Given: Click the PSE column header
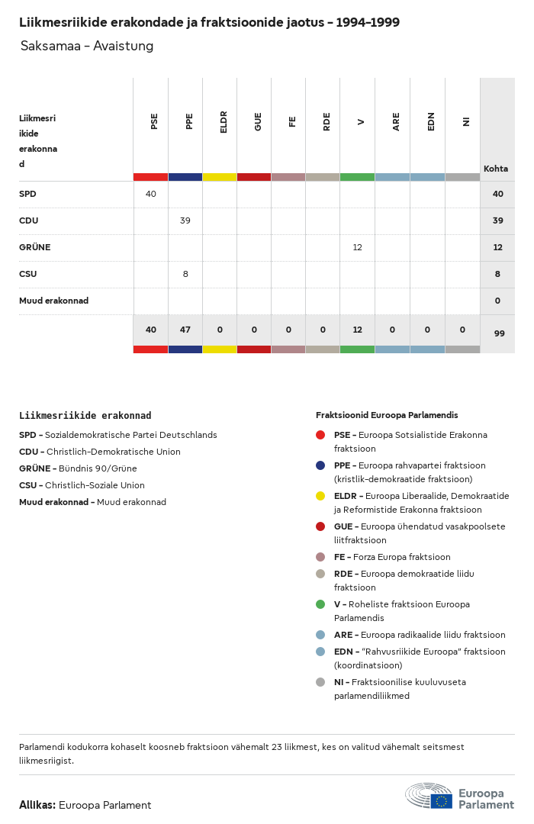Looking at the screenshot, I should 154,121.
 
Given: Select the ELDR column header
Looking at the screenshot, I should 224,122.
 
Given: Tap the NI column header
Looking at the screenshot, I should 465,121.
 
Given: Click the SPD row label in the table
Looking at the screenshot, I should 27,194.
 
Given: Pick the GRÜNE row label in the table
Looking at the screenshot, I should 34,247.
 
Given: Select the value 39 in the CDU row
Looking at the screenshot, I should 185,220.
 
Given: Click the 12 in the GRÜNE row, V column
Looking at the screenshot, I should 357,247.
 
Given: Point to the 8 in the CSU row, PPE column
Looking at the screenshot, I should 185,274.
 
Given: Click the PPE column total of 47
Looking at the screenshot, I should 185,330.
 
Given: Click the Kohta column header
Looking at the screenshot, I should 496,169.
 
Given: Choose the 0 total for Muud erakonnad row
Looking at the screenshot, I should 497,301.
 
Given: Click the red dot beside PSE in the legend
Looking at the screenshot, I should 320,435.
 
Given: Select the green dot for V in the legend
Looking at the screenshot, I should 320,604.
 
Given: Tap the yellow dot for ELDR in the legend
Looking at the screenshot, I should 320,496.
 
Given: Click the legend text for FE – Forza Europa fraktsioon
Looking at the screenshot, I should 392,557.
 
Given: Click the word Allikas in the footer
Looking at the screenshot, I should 37,805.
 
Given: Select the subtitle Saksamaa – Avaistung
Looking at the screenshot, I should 87,46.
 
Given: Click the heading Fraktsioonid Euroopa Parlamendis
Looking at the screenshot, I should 387,415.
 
